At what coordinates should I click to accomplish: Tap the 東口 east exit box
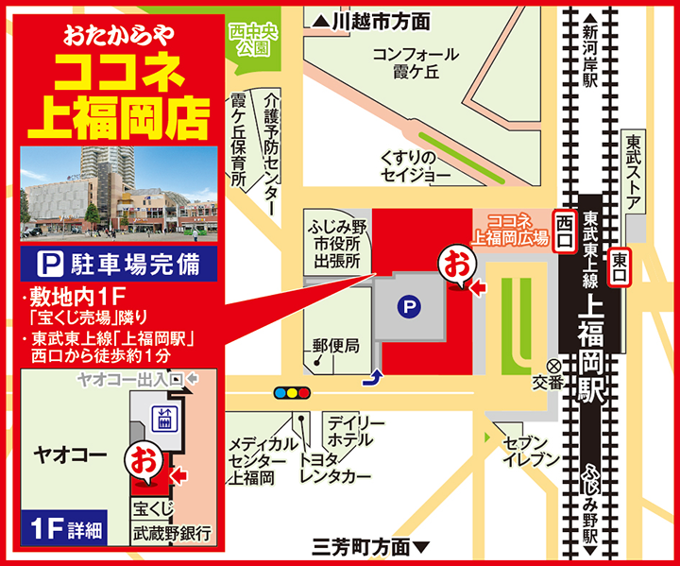click(x=620, y=266)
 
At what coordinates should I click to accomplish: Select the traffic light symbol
click(x=291, y=391)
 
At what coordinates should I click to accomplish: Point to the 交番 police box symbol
click(x=552, y=367)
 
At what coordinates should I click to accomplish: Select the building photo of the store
click(x=119, y=193)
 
